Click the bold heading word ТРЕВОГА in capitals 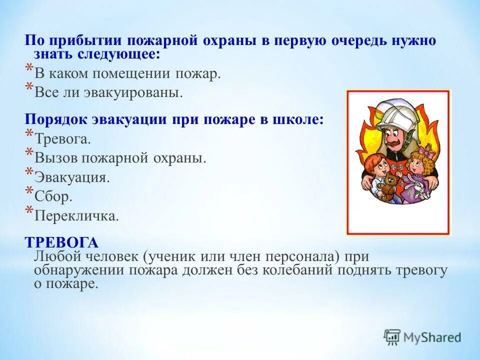click(x=61, y=242)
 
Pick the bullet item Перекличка click(x=76, y=216)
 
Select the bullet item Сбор click(x=53, y=197)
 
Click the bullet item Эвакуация click(x=71, y=178)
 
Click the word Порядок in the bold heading click(x=56, y=120)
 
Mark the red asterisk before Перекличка click(x=29, y=211)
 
